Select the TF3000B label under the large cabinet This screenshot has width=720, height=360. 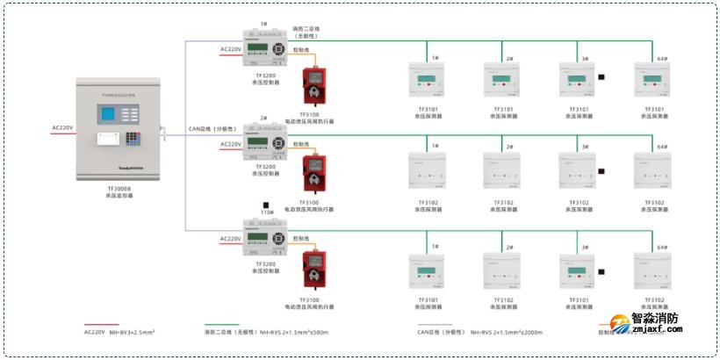tap(119, 188)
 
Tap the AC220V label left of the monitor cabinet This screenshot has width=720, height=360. tap(62, 128)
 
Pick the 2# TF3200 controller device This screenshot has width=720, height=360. tap(264, 143)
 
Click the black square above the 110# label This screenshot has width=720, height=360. tap(263, 205)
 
